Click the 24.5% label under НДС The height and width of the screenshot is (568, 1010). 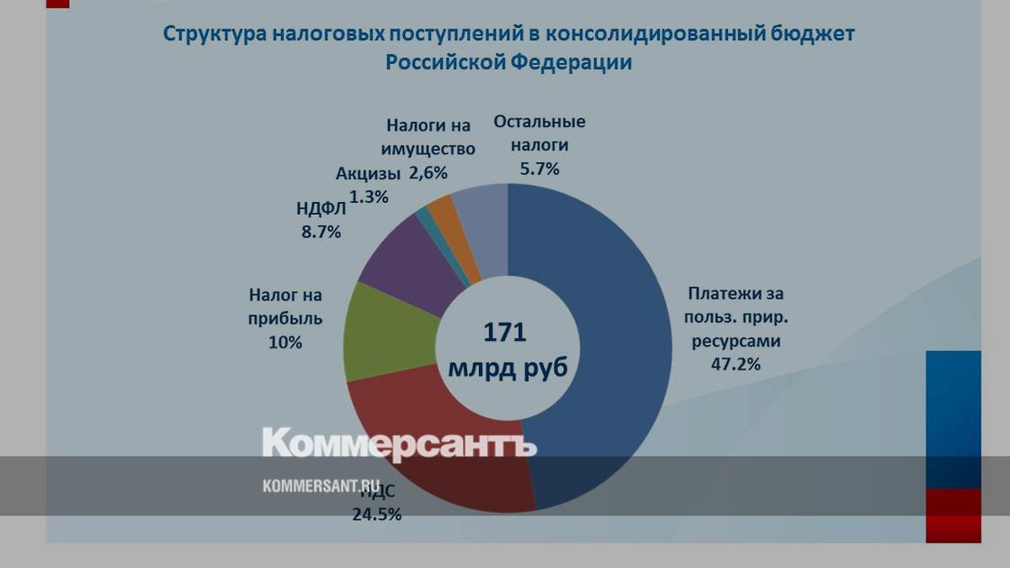pos(376,512)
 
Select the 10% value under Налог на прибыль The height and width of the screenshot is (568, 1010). pos(285,342)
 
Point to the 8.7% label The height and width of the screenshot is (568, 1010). pos(321,232)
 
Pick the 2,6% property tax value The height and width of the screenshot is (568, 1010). pos(428,173)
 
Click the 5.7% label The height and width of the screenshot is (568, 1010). pos(539,168)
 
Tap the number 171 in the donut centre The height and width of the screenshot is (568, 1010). pos(505,332)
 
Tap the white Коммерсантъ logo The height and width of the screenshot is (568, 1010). pos(399,443)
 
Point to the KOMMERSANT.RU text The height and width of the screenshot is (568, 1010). pos(322,486)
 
